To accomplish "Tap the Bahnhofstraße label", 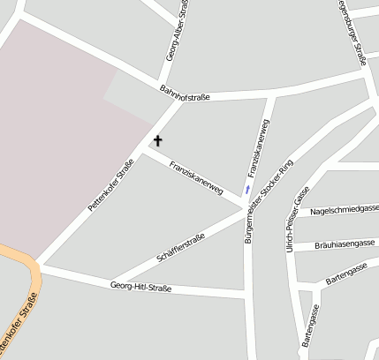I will tap(185, 93).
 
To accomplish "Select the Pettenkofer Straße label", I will tap(110, 185).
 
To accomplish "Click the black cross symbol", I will tap(158, 140).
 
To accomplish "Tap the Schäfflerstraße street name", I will tap(180, 250).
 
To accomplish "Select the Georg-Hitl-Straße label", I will tap(140, 287).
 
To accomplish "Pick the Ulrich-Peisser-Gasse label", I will tap(297, 220).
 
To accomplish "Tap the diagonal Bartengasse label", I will tap(345, 277).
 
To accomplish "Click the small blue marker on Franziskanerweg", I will tap(247, 188).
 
